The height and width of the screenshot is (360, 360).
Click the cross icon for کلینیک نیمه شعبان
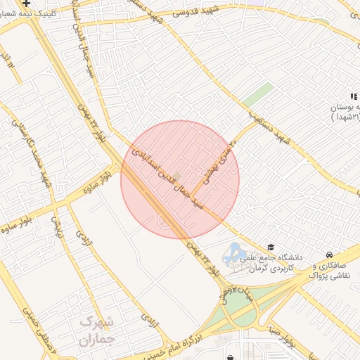(x=26, y=4)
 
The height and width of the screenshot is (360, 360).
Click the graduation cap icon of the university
(x=271, y=247)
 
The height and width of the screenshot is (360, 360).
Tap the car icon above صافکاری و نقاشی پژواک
(x=328, y=254)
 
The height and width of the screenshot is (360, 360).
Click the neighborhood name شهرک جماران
(x=96, y=332)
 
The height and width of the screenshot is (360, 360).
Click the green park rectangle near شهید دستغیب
(x=259, y=94)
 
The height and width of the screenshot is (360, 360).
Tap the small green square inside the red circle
(x=176, y=175)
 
